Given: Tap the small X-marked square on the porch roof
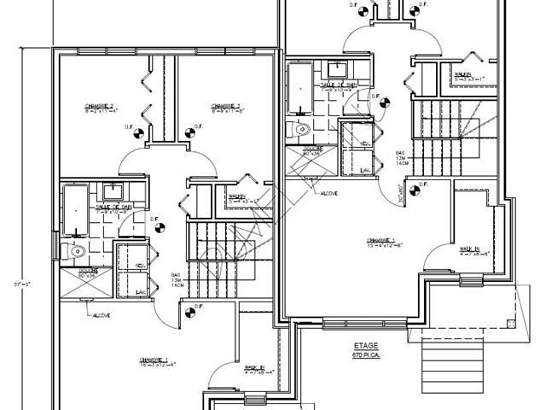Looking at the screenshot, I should point(510,323).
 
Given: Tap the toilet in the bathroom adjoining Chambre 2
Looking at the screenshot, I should point(75,251).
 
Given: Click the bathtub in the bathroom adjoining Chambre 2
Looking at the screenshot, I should point(73,209).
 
